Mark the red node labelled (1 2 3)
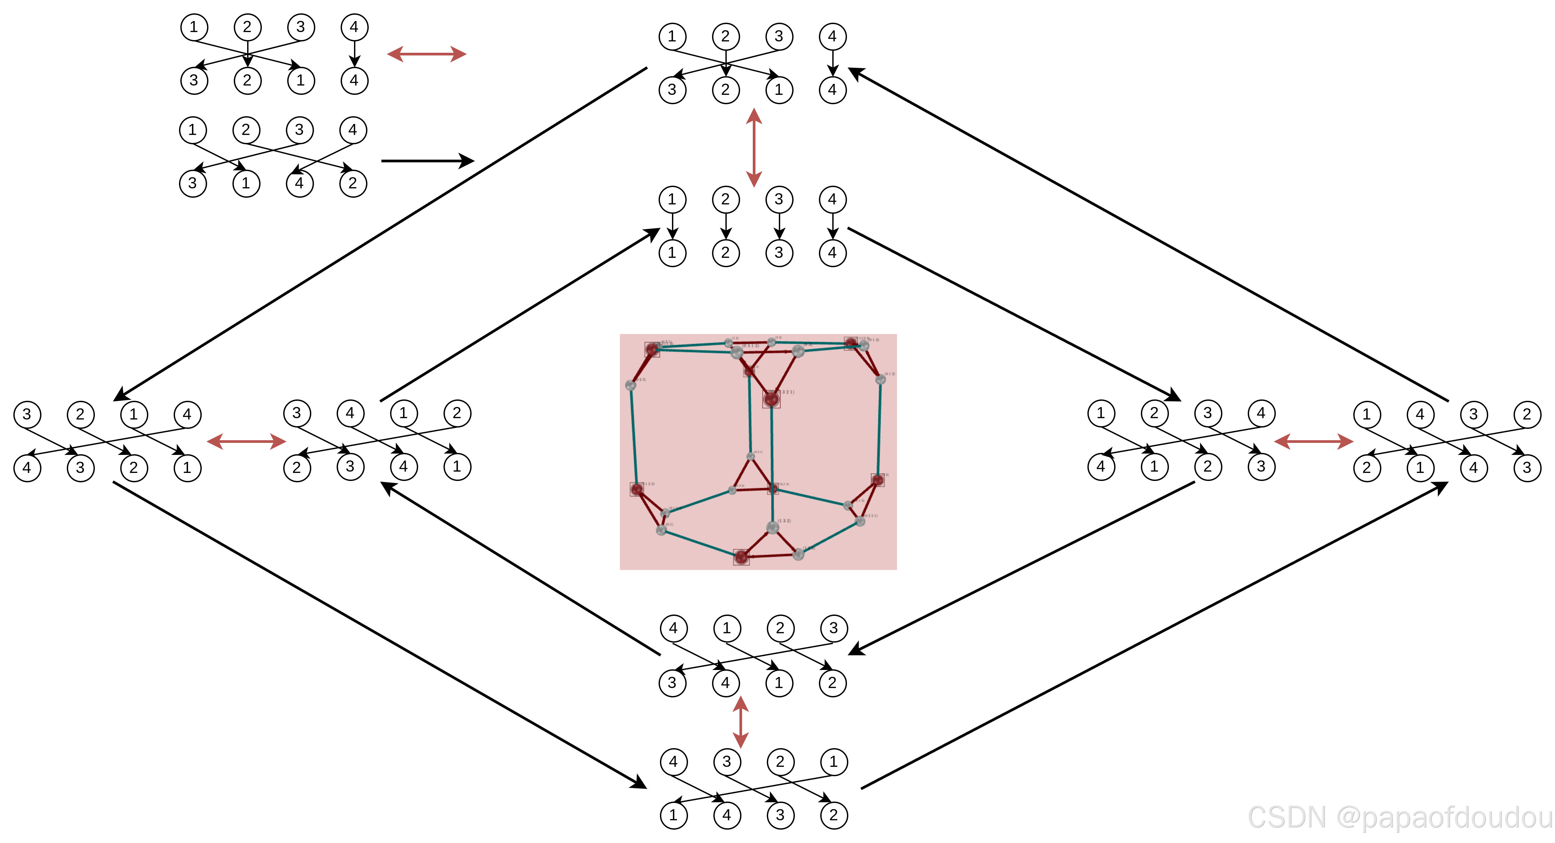(x=637, y=489)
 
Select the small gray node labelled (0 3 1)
(x=750, y=457)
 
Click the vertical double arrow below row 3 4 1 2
(x=741, y=722)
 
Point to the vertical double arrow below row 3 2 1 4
(x=753, y=147)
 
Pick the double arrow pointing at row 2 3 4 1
(x=246, y=442)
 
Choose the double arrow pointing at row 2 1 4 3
(x=1314, y=442)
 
